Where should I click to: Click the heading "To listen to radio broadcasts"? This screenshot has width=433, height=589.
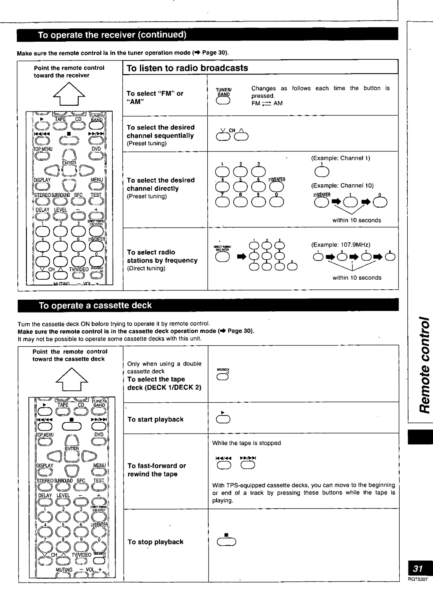pyautogui.click(x=187, y=68)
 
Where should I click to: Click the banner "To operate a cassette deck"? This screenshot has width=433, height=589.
pyautogui.click(x=95, y=306)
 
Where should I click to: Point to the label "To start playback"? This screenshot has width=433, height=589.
pyautogui.click(x=155, y=420)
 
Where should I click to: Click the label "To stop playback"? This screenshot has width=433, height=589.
pyautogui.click(x=155, y=542)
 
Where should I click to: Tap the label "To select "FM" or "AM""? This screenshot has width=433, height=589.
pyautogui.click(x=155, y=97)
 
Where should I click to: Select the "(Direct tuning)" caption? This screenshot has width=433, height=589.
pyautogui.click(x=146, y=268)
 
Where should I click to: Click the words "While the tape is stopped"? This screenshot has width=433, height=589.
pyautogui.click(x=247, y=443)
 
